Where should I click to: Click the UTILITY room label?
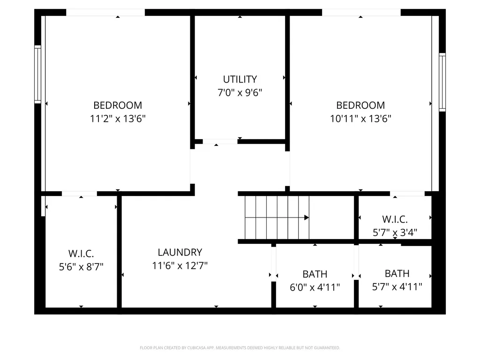pyautogui.click(x=240, y=79)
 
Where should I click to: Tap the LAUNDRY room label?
pyautogui.click(x=180, y=252)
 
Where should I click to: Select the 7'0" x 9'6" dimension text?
pyautogui.click(x=240, y=92)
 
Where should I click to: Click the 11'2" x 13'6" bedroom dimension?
pyautogui.click(x=118, y=119)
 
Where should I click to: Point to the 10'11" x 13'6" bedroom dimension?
pyautogui.click(x=360, y=119)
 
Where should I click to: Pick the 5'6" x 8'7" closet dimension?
pyautogui.click(x=81, y=267)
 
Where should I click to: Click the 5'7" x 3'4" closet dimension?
pyautogui.click(x=395, y=232)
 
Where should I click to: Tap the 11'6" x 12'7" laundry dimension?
pyautogui.click(x=180, y=265)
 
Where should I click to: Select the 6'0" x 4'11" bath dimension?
pyautogui.click(x=315, y=287)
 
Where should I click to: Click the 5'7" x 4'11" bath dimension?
pyautogui.click(x=397, y=286)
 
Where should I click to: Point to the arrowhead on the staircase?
pyautogui.click(x=307, y=217)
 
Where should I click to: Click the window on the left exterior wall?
pyautogui.click(x=37, y=75)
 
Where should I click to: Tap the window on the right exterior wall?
pyautogui.click(x=442, y=82)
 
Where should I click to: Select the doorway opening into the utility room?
pyautogui.click(x=220, y=142)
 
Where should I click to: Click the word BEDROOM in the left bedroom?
pyautogui.click(x=118, y=105)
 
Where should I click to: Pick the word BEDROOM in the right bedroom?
pyautogui.click(x=360, y=105)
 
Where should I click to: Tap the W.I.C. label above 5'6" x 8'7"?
pyautogui.click(x=81, y=254)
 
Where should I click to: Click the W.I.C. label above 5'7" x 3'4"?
pyautogui.click(x=395, y=219)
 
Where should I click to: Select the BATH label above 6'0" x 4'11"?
pyautogui.click(x=315, y=274)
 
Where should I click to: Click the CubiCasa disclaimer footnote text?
pyautogui.click(x=240, y=348)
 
